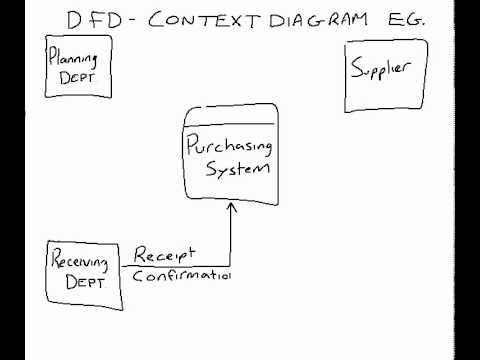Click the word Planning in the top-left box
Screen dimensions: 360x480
(x=77, y=59)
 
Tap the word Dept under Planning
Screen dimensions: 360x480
(x=77, y=77)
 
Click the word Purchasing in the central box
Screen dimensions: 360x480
(x=228, y=148)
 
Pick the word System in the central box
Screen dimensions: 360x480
(x=237, y=168)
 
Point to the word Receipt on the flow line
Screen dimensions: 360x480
(x=165, y=254)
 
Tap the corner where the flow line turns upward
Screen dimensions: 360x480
(x=231, y=266)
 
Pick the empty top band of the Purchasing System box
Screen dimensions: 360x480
(x=229, y=112)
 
